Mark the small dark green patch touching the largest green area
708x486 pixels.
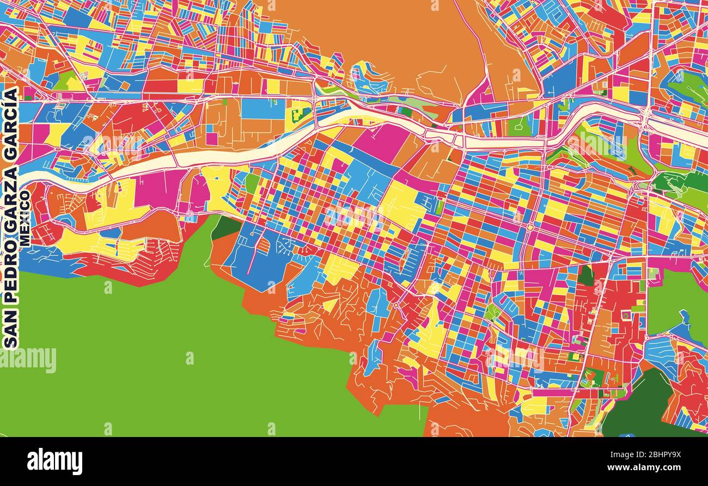click(224, 227)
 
